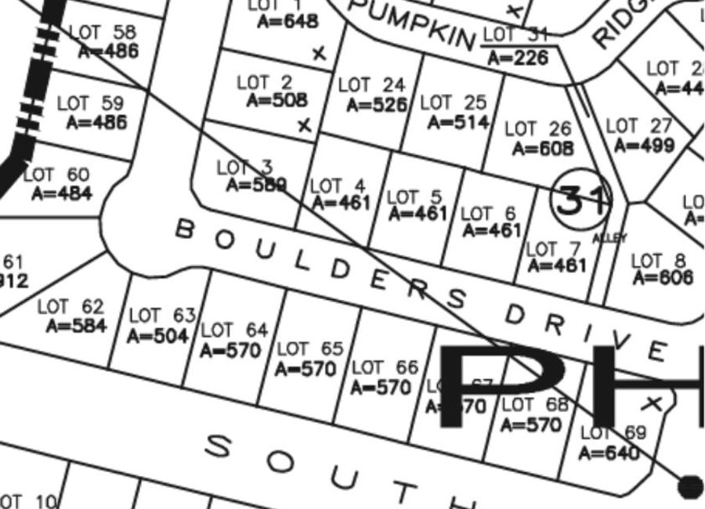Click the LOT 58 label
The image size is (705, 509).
point(103,33)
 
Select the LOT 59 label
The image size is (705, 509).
point(91,103)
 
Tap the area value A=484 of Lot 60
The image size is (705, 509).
point(61,193)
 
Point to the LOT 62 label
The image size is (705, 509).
point(70,307)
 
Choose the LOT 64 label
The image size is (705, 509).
point(234,330)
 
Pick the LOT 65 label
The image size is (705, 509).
point(310,348)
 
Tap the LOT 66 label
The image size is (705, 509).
point(385,367)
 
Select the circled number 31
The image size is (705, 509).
point(579,200)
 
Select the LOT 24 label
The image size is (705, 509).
point(372,85)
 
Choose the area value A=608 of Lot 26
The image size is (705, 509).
point(542,148)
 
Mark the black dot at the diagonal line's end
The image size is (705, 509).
point(689,486)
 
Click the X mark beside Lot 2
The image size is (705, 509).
point(305,125)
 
